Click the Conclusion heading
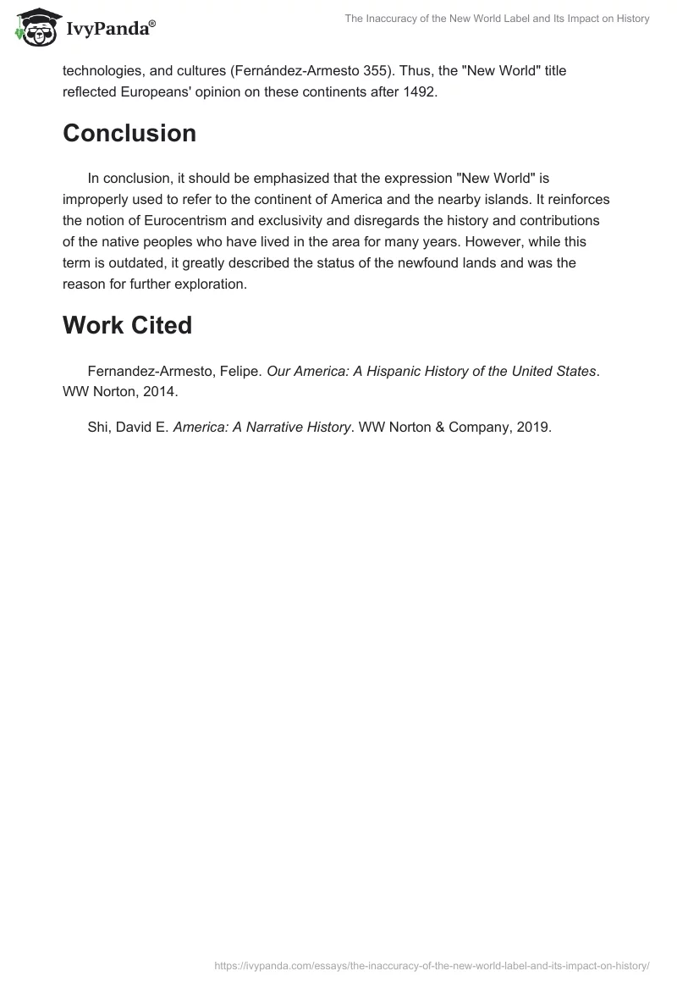point(129,134)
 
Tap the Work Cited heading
point(127,325)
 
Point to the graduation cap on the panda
point(33,15)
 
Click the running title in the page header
point(497,19)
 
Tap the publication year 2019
point(532,428)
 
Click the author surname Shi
point(98,428)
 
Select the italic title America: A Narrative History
point(261,428)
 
